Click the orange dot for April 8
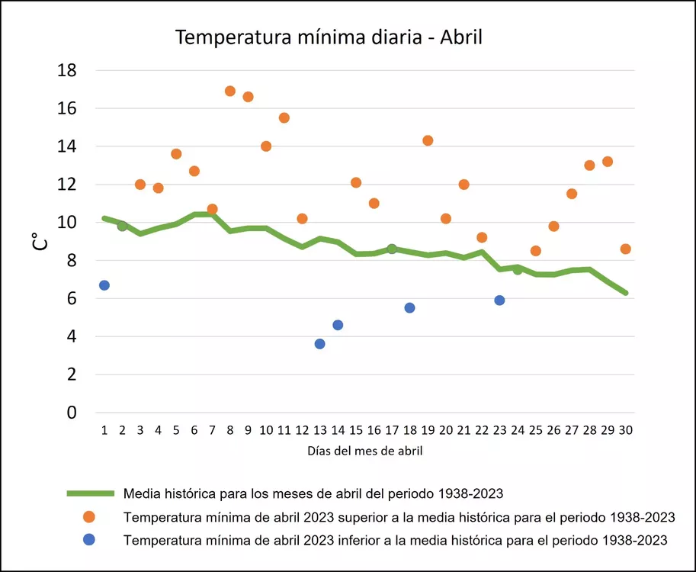click(230, 92)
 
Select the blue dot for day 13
click(320, 344)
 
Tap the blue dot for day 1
click(104, 285)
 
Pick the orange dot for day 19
click(428, 140)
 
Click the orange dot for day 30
click(626, 249)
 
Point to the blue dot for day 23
click(499, 300)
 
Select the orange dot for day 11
click(284, 117)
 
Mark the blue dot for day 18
click(410, 308)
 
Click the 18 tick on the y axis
click(67, 70)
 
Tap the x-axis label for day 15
click(356, 430)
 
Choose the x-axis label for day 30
click(626, 430)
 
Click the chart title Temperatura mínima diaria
click(329, 37)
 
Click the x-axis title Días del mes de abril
click(365, 451)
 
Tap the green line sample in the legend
click(90, 493)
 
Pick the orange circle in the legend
click(89, 517)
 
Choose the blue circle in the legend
click(89, 540)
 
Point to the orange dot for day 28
click(589, 165)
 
